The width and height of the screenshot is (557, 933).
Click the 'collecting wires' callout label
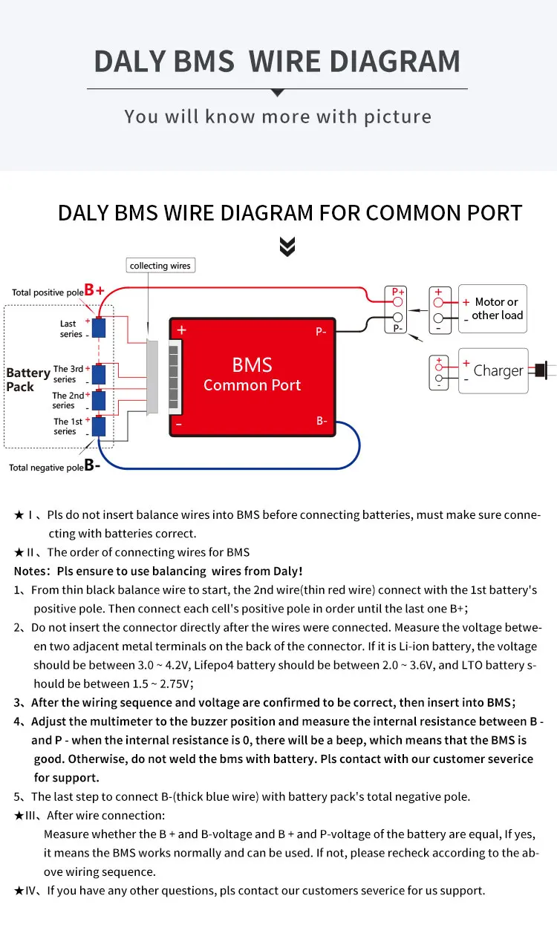pyautogui.click(x=160, y=266)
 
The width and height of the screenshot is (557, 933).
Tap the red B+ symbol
pyautogui.click(x=94, y=291)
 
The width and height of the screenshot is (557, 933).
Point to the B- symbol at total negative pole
pyautogui.click(x=93, y=466)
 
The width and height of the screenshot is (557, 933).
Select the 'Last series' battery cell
pyautogui.click(x=99, y=327)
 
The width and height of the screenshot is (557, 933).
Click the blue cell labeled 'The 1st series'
pyautogui.click(x=99, y=427)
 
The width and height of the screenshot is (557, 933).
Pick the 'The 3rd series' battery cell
pyautogui.click(x=99, y=373)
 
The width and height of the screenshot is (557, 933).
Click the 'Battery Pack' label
pyautogui.click(x=27, y=379)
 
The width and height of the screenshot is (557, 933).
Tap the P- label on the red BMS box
pyautogui.click(x=321, y=332)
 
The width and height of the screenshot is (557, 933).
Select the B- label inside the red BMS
pyautogui.click(x=322, y=421)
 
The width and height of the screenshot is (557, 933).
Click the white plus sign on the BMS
pyautogui.click(x=182, y=330)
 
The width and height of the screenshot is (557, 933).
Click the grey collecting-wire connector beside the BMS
pyautogui.click(x=153, y=376)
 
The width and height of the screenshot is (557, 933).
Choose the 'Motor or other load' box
pyautogui.click(x=492, y=308)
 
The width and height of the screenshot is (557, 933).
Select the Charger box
pyautogui.click(x=493, y=370)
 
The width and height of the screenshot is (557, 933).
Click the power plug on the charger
pyautogui.click(x=541, y=369)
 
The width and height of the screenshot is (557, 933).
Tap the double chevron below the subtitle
pyautogui.click(x=287, y=247)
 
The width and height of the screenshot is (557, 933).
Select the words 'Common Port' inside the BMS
pyautogui.click(x=252, y=385)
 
